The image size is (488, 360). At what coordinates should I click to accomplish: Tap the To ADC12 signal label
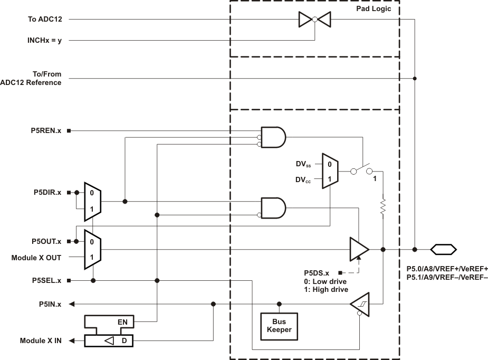tap(45, 20)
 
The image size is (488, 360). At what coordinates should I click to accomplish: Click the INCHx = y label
tap(44, 40)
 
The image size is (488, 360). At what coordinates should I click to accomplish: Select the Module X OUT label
tap(36, 258)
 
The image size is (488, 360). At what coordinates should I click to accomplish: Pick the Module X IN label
tap(40, 341)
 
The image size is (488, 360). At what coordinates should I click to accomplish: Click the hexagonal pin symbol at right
tap(444, 249)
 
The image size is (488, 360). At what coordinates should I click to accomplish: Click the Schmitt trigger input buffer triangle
tap(360, 304)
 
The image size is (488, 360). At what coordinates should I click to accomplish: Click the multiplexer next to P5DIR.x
tap(92, 202)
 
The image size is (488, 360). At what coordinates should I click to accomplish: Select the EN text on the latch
tap(122, 321)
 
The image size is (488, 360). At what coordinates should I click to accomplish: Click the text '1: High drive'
tap(325, 289)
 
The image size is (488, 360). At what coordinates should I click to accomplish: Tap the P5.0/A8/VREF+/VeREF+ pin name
tap(447, 268)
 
